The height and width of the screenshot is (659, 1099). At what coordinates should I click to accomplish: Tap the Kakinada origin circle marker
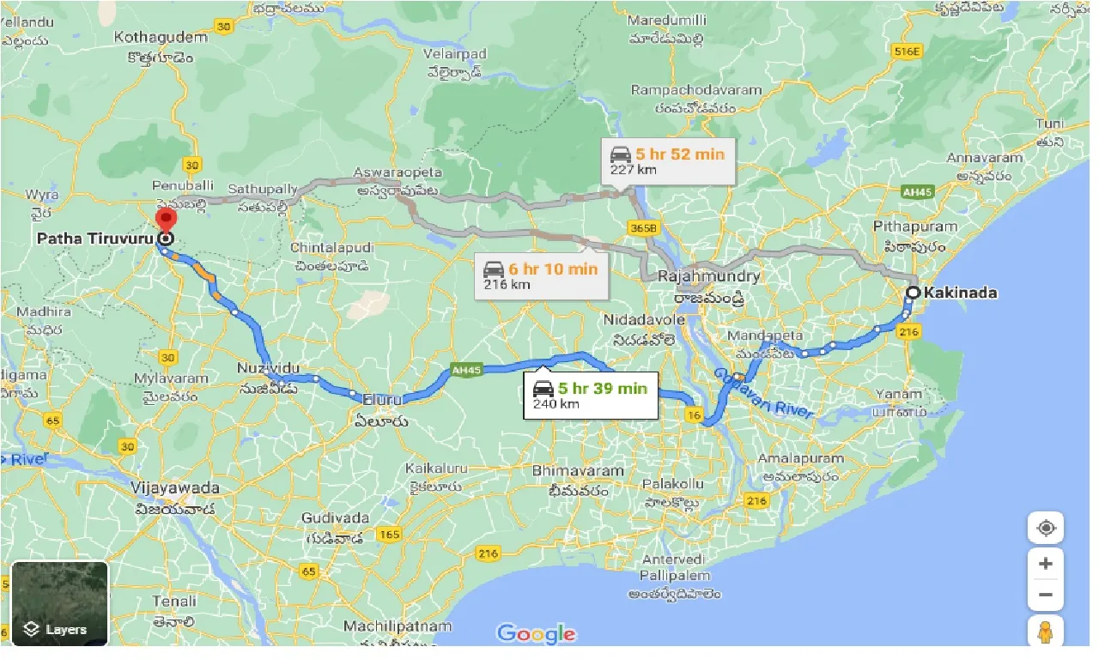pos(914,293)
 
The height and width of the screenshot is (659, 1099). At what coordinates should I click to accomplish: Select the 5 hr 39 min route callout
pos(591,396)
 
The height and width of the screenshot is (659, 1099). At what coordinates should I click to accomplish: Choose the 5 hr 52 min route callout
pos(668,161)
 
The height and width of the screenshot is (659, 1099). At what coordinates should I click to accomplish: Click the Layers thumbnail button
pos(59,603)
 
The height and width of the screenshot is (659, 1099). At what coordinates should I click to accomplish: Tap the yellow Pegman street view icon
pos(1045,632)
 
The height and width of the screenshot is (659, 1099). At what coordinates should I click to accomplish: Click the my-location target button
pos(1046,528)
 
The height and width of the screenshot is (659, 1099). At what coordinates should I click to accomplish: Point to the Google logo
pos(536,634)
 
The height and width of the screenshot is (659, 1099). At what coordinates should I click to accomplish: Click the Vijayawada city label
pos(175,488)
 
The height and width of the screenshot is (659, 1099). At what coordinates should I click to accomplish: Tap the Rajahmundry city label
pos(708,276)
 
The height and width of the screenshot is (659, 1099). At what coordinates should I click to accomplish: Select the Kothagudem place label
pos(161,38)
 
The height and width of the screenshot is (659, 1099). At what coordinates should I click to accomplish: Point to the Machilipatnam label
pos(398,626)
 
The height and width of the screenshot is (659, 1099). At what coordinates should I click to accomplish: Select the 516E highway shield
pos(906,51)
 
